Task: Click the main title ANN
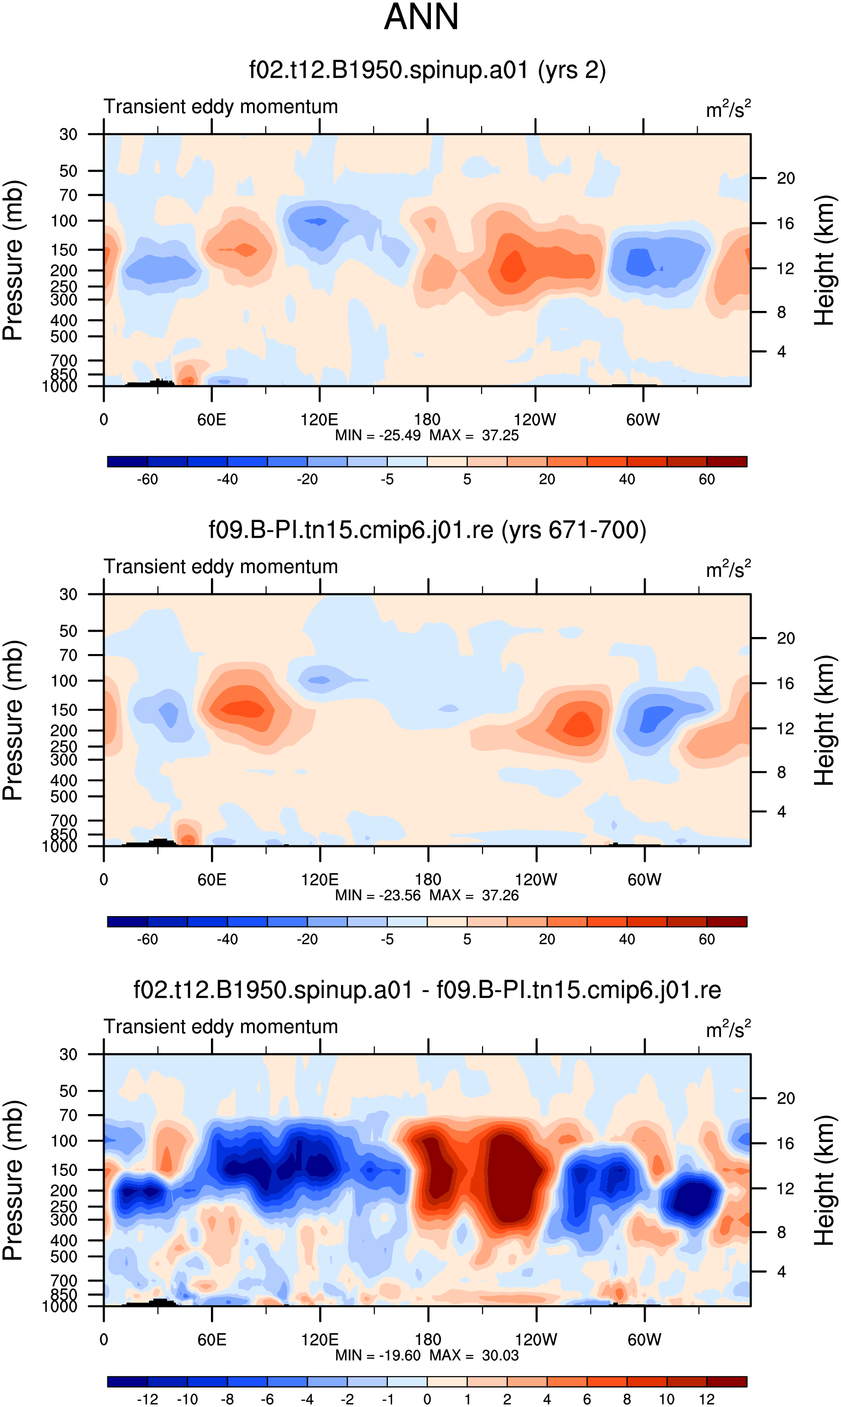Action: click(x=421, y=17)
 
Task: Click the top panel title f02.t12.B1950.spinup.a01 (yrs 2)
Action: click(x=427, y=71)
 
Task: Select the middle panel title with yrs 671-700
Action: click(x=427, y=530)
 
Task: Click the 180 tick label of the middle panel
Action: click(x=428, y=880)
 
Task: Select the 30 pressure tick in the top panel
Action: click(x=68, y=134)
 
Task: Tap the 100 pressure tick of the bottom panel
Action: click(x=64, y=1141)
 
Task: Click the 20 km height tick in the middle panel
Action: click(x=786, y=638)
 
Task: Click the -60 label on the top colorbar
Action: click(x=148, y=479)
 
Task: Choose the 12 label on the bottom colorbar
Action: click(x=707, y=1399)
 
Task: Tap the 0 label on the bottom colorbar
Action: click(x=427, y=1399)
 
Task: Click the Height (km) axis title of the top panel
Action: click(x=824, y=260)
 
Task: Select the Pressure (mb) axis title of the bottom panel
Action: click(x=12, y=1181)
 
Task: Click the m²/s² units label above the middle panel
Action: click(x=728, y=568)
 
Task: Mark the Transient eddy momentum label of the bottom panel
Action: click(x=221, y=1026)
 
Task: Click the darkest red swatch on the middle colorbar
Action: click(x=727, y=921)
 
